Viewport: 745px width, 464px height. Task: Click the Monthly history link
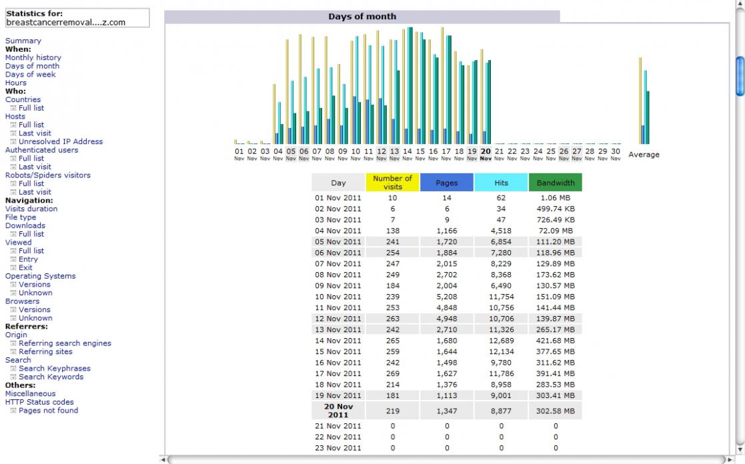33,58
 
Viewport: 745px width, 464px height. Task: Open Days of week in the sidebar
30,75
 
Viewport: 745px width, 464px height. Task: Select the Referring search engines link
65,343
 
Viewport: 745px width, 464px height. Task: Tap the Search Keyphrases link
54,369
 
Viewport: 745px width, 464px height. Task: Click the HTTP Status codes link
39,402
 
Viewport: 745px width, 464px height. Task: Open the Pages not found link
48,411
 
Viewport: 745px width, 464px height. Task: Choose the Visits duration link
31,209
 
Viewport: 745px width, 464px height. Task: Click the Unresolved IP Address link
61,141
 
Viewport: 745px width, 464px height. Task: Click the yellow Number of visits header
392,182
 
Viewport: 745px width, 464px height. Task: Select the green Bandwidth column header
555,183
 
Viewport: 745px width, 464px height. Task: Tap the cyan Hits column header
501,183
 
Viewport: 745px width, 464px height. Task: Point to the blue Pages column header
446,183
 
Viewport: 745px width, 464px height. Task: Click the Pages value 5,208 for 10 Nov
446,297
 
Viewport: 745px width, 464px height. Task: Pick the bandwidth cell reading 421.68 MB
556,341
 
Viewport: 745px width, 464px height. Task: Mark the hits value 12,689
501,341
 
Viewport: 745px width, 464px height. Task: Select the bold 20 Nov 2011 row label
338,410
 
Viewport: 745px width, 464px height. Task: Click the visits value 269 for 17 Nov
392,373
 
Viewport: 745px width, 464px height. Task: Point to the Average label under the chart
644,155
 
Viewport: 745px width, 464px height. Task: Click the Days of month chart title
362,17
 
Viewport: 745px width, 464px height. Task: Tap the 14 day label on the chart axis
408,151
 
